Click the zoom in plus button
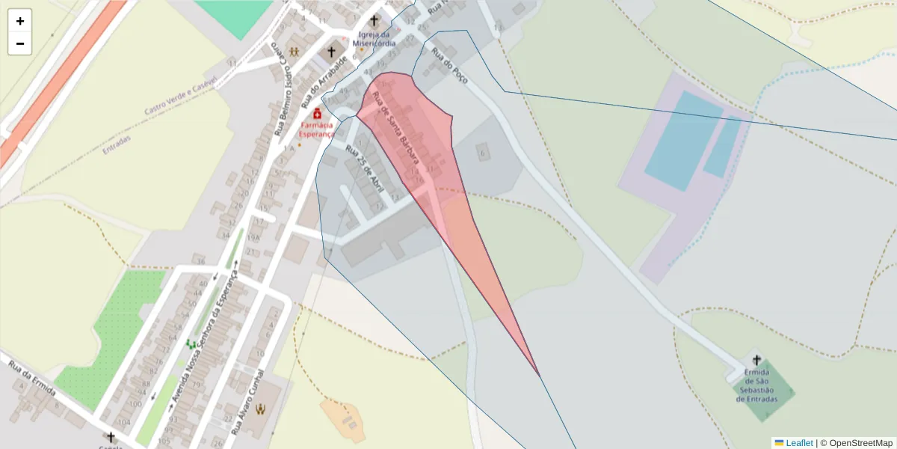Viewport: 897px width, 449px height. [x=20, y=21]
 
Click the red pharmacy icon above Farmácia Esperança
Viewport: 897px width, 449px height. [x=318, y=114]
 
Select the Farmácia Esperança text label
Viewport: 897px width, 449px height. [x=317, y=129]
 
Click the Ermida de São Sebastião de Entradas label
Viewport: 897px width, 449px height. [x=756, y=389]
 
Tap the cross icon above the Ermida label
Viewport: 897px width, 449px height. [x=756, y=360]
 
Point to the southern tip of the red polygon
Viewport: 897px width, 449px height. [x=539, y=375]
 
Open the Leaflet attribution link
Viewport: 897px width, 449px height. [x=798, y=443]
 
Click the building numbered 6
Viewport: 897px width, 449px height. [x=483, y=153]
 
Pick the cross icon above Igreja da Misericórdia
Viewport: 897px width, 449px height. [x=374, y=20]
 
